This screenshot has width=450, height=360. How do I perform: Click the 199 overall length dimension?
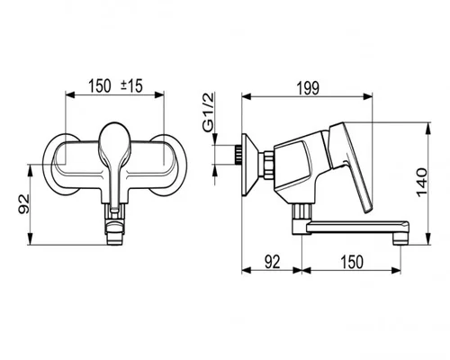click(308, 88)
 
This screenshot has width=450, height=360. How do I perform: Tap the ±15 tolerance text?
click(131, 86)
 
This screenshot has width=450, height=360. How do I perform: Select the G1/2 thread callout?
click(208, 112)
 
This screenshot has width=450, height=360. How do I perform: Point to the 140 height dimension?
click(422, 183)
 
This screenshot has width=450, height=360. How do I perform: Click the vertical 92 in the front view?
click(24, 204)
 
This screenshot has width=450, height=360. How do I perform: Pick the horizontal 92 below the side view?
click(273, 262)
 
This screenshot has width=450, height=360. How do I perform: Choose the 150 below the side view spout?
click(352, 262)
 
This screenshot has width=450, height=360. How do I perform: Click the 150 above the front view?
click(100, 86)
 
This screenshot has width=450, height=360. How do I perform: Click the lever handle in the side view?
click(349, 162)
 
